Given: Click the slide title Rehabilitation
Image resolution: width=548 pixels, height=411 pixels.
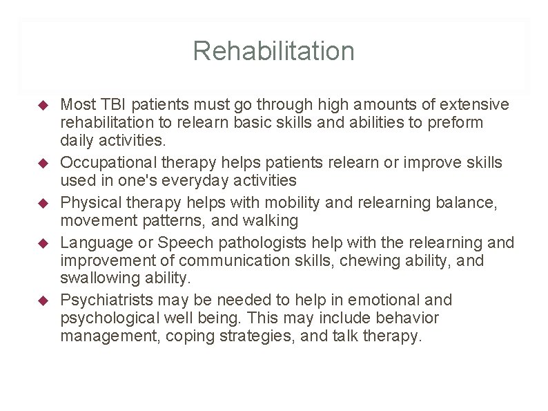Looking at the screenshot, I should tap(273, 51).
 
